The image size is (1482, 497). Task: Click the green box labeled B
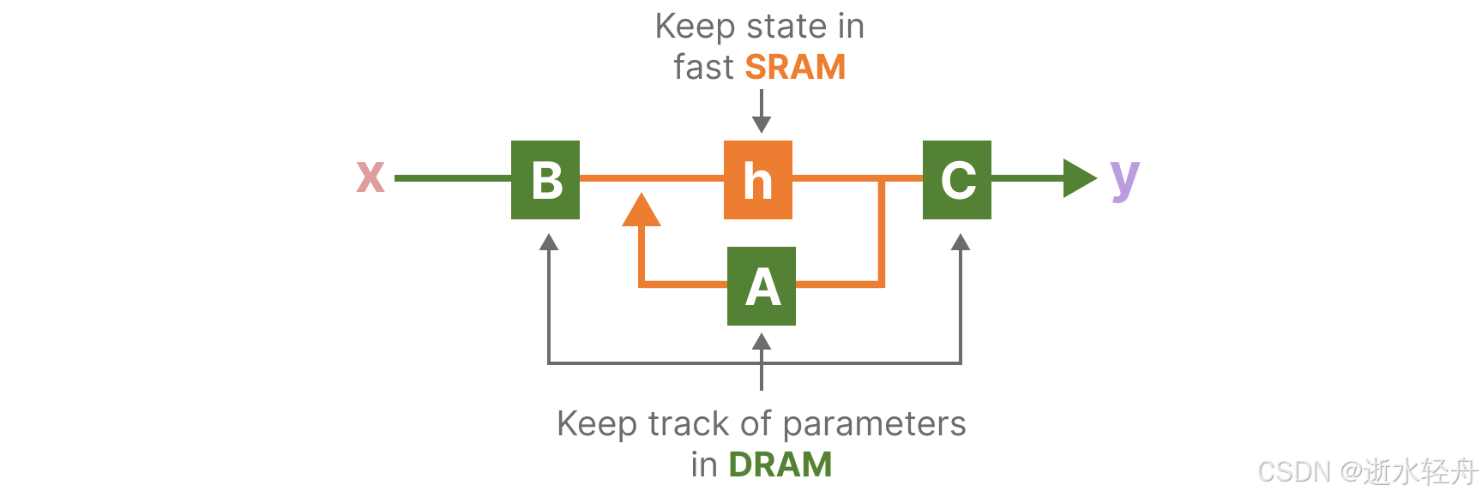(545, 180)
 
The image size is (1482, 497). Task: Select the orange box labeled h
(758, 180)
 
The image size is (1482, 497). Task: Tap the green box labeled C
(957, 180)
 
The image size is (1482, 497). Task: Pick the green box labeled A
(762, 286)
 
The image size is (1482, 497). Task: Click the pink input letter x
(370, 177)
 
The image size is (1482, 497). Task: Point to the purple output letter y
(1124, 180)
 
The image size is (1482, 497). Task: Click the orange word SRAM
(795, 67)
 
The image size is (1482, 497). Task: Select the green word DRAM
(780, 464)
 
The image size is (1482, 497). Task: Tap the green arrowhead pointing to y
(1079, 178)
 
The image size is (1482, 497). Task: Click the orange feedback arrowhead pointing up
(641, 211)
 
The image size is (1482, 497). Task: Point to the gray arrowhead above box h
(762, 125)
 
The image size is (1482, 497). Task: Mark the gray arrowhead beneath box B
(549, 242)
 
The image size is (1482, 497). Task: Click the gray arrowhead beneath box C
(961, 242)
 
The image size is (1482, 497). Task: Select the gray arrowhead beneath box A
(762, 342)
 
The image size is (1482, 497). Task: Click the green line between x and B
(453, 178)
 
